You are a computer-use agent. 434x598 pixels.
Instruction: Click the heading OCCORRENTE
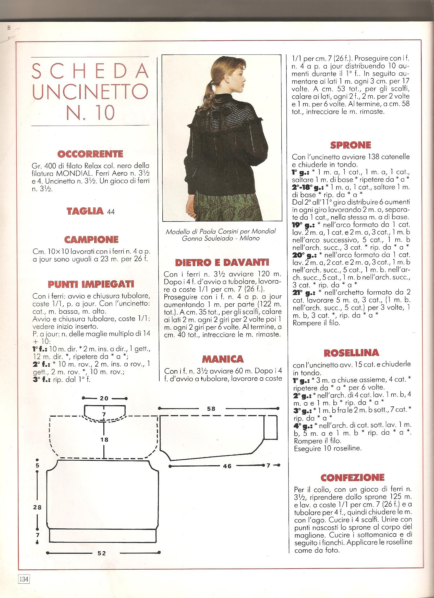[90, 154]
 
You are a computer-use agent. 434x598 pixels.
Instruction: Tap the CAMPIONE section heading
[91, 239]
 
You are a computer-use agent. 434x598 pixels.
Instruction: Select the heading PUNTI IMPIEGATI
[91, 284]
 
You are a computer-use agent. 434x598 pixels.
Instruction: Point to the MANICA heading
[223, 359]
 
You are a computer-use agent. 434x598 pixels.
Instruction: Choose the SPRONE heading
[350, 145]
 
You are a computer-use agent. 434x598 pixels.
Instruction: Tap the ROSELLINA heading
[351, 352]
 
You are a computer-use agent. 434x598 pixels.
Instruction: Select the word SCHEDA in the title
[90, 71]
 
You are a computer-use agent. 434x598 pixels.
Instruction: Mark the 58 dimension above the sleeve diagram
[211, 409]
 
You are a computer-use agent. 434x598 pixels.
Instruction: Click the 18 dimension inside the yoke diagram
[104, 439]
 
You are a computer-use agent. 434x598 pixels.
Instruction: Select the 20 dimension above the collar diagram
[104, 398]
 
